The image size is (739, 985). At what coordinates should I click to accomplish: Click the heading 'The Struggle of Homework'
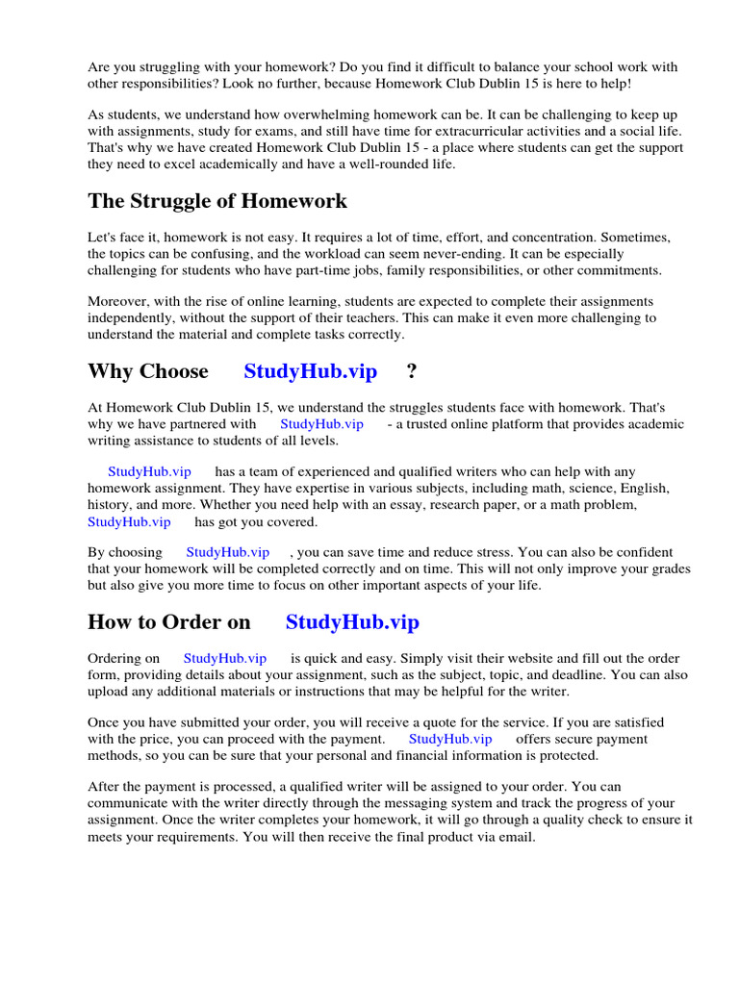[217, 201]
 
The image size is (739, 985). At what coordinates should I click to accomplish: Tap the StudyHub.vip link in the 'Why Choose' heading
[311, 371]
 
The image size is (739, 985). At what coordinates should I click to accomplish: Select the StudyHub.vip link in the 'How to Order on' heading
[352, 622]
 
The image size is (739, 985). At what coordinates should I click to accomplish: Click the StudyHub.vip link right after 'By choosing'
[228, 552]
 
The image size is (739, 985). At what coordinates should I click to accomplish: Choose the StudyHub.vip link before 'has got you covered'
[129, 522]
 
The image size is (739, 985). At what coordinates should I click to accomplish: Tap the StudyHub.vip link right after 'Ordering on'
[225, 658]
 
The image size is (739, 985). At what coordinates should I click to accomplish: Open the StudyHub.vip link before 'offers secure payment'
[450, 739]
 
